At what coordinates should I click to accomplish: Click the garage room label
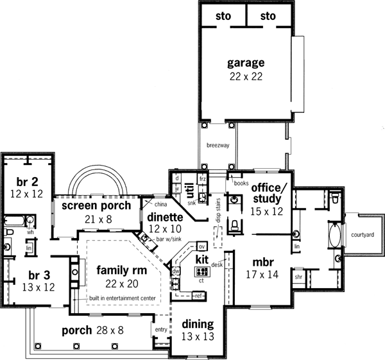246,63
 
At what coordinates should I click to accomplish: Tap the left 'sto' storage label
223,15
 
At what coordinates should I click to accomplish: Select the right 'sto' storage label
268,15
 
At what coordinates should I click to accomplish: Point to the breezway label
217,146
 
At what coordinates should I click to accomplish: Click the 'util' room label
191,190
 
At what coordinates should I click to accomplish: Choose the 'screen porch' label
96,206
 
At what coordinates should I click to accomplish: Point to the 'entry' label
160,330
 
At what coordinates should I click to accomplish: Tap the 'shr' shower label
298,278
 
